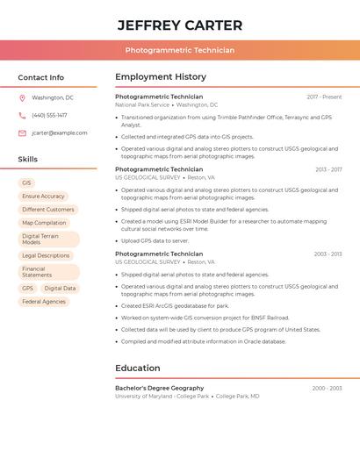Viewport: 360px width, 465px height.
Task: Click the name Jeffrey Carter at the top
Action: pos(180,25)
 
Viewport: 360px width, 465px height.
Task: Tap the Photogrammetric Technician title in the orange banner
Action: pos(180,51)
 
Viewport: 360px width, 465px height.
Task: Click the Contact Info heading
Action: pos(41,77)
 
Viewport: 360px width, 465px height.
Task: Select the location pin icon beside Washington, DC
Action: pos(22,98)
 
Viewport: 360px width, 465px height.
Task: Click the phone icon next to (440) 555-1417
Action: pos(22,115)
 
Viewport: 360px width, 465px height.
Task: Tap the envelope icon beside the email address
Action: pos(22,133)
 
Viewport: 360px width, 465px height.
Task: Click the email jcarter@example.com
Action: pos(60,133)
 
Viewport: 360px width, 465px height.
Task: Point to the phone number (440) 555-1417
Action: pos(49,115)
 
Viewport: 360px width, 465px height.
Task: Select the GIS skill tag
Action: pos(26,183)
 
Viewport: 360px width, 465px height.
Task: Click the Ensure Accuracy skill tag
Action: pos(43,197)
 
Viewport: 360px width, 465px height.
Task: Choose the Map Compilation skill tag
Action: pos(44,223)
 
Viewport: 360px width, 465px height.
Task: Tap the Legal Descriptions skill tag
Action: pos(46,255)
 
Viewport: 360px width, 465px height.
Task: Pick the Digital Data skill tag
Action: pos(60,288)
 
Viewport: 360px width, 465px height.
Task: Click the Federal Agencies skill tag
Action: pos(44,301)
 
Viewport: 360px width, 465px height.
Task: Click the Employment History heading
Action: pos(161,77)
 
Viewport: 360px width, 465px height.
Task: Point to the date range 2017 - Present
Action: pos(324,97)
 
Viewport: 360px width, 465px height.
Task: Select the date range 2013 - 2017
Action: pos(328,169)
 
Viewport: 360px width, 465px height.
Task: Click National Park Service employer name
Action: pos(142,104)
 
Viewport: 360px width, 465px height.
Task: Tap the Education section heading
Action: pos(138,368)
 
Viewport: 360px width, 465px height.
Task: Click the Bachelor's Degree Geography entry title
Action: pos(159,388)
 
